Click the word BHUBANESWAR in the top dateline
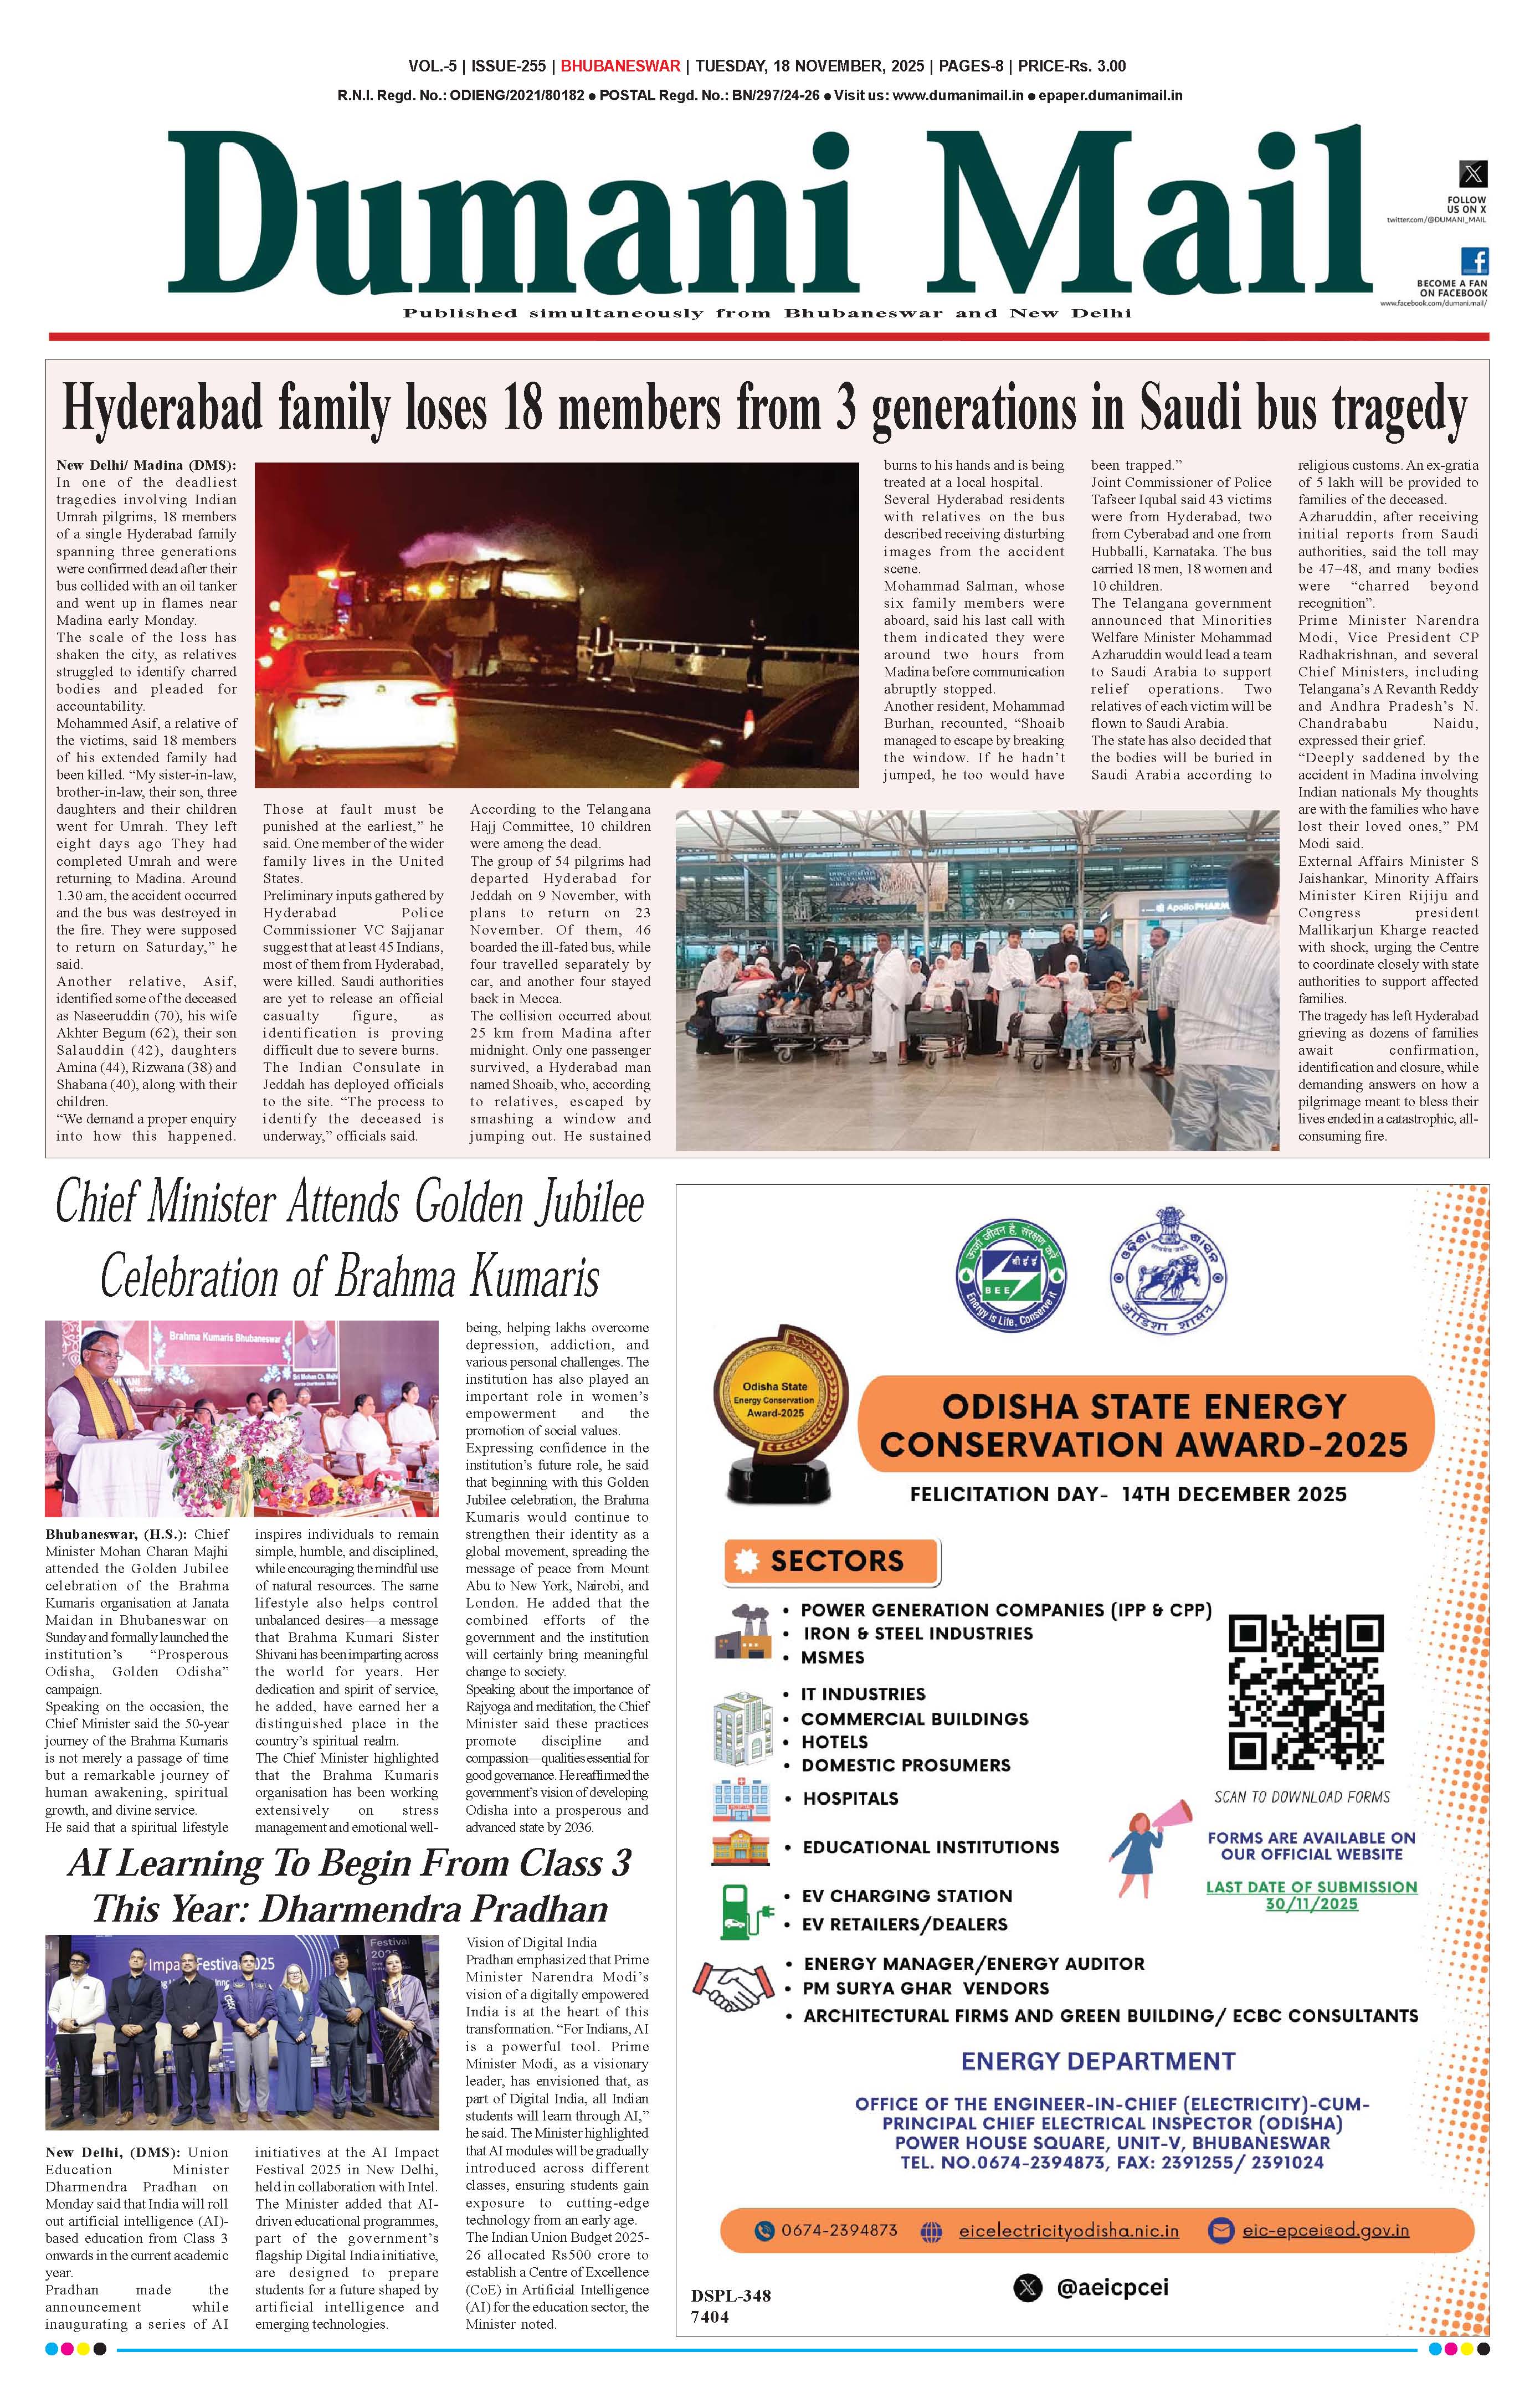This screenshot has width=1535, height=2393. coord(620,66)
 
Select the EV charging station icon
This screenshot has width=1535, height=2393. coord(743,1911)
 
